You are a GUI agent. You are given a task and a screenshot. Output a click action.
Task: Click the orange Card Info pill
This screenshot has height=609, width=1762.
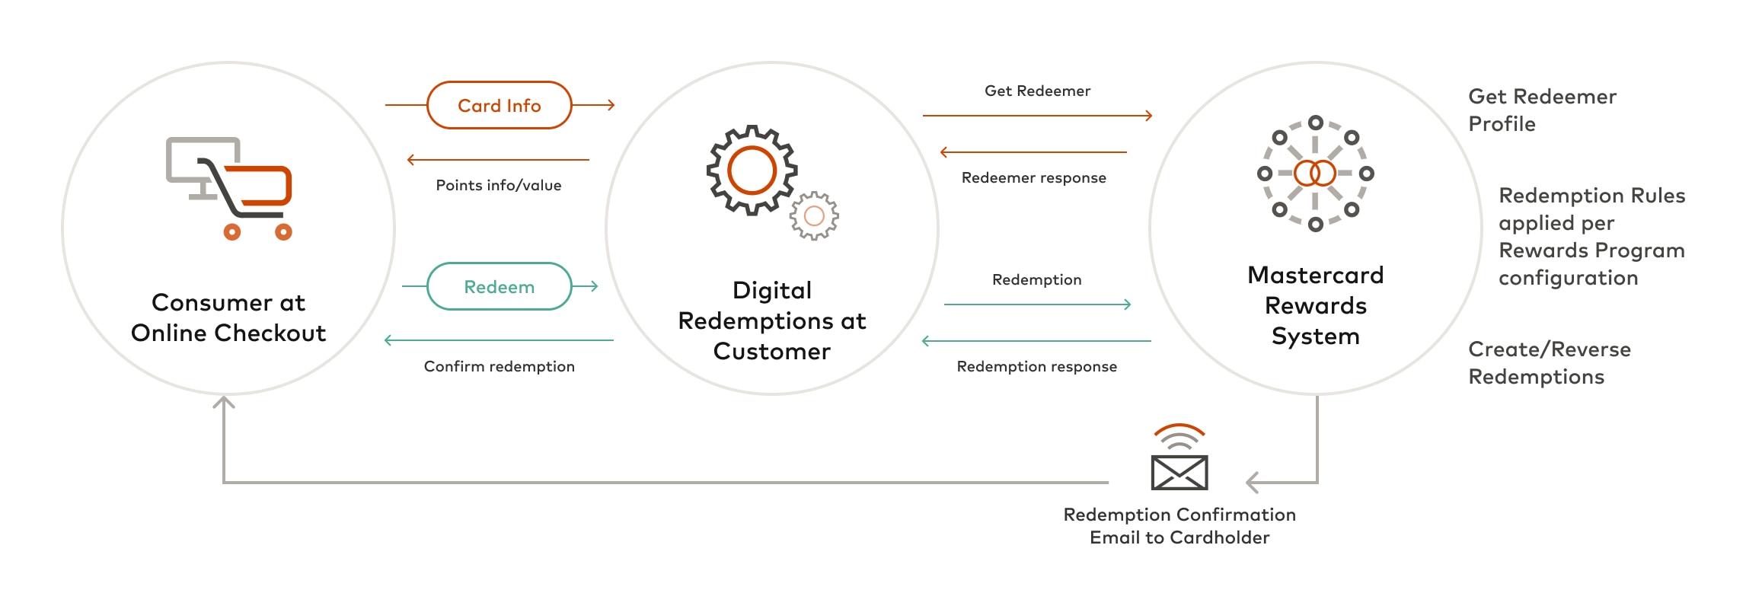[499, 105]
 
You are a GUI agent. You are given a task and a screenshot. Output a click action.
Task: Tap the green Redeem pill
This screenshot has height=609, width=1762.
[499, 286]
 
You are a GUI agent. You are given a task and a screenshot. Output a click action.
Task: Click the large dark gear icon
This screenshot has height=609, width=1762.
[752, 170]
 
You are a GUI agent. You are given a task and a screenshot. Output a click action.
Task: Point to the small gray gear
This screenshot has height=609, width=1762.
[814, 216]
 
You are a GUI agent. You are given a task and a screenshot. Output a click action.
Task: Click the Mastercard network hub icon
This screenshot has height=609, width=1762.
[1315, 173]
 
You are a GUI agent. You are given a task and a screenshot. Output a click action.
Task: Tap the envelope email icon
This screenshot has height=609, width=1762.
[1179, 472]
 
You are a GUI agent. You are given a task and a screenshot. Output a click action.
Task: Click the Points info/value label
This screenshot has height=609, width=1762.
[498, 185]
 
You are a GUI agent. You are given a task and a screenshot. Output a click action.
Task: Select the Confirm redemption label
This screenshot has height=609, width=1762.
[499, 366]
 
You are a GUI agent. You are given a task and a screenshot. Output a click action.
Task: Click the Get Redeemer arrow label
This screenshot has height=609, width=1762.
[1037, 91]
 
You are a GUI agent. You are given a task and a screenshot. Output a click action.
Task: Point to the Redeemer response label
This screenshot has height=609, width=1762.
[1033, 177]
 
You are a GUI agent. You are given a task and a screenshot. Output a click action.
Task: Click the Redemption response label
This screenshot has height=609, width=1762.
[1036, 366]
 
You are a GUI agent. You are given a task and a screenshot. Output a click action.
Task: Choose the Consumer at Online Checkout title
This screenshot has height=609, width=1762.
[228, 317]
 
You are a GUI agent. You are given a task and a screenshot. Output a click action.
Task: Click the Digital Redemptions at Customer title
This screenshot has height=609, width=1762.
[771, 320]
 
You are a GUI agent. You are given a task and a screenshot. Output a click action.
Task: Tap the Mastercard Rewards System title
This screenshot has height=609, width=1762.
[1315, 305]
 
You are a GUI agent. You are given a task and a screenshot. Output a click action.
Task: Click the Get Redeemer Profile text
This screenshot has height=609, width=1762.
[1541, 110]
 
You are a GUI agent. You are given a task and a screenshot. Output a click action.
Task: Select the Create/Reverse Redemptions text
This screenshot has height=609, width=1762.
[1549, 362]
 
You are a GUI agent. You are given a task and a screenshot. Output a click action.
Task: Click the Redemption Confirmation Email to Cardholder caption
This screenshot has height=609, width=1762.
[1179, 526]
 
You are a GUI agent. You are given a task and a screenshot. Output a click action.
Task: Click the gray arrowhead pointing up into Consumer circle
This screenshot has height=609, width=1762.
[223, 402]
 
